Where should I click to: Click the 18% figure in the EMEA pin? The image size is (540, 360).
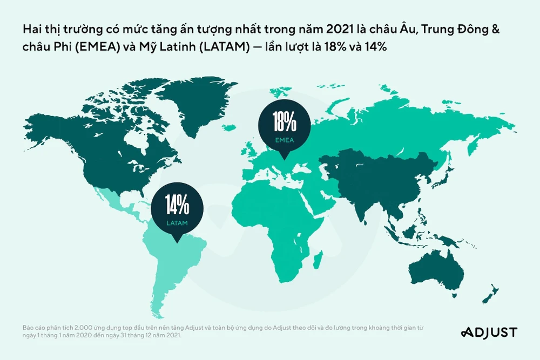285,123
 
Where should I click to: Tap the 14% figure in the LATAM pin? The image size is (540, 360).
177,205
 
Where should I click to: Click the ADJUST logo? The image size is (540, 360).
489,332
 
